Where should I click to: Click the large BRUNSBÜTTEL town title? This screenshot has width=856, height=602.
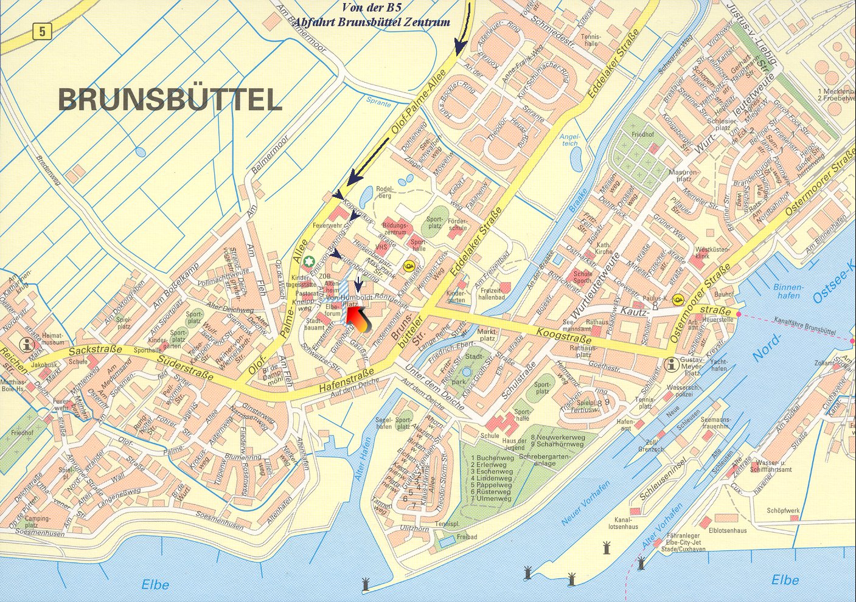pos(170,99)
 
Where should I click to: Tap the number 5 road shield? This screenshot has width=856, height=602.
pos(41,31)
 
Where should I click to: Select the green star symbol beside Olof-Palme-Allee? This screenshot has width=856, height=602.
pos(309,262)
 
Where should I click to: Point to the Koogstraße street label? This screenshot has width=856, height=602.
pos(564,336)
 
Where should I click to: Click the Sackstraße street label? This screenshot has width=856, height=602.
pos(96,350)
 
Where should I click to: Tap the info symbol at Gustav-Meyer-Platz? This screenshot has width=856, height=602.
pos(671,364)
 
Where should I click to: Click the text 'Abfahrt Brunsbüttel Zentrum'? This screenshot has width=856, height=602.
pos(372,22)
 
